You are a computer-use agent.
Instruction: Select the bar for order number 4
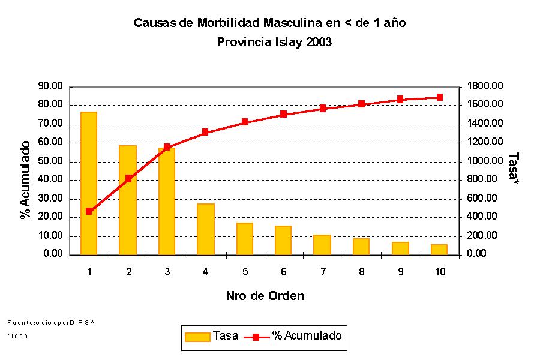coord(205,229)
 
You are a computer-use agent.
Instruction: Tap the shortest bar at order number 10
coord(439,250)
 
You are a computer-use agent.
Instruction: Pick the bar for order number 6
coord(283,240)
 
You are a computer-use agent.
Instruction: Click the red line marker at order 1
coord(89,211)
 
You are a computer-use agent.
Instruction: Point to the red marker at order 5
coord(245,122)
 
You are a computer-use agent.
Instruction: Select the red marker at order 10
coord(439,97)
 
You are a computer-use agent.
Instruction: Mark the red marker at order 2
coord(128,178)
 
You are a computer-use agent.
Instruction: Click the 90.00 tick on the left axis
coord(50,86)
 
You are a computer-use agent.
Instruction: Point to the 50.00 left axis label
coord(50,161)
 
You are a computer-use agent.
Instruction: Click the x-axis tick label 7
coord(323,272)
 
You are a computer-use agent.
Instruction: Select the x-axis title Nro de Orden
coord(265,296)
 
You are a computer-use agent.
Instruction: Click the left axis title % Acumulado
coord(25,180)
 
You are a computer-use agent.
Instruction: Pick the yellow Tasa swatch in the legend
coord(198,336)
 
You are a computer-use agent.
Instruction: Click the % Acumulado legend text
coord(307,336)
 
